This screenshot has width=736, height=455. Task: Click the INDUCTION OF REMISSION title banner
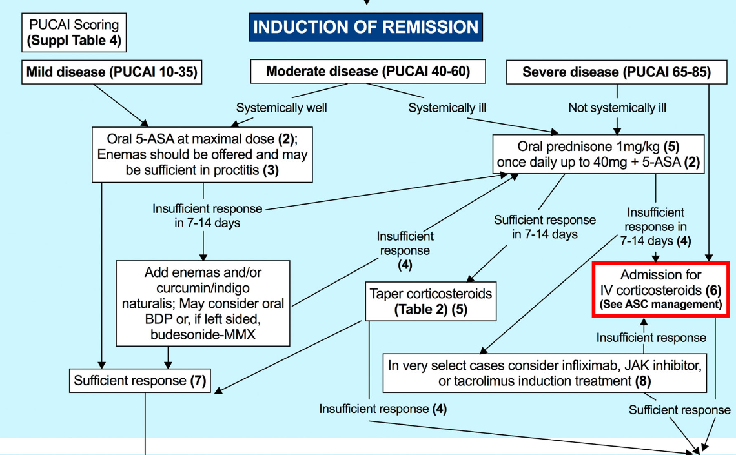click(365, 26)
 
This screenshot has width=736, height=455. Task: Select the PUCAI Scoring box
click(74, 32)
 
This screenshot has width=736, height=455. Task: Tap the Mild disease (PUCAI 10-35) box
click(112, 72)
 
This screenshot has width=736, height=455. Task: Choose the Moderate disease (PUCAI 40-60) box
click(368, 71)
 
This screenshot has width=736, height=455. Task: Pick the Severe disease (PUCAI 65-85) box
click(617, 72)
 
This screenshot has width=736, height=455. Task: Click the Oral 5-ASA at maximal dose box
click(202, 154)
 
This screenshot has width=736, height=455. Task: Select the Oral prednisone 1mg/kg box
click(598, 154)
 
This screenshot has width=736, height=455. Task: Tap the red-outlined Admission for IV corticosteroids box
click(661, 289)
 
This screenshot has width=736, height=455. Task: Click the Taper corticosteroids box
click(431, 301)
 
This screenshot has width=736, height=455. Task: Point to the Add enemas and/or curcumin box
click(203, 303)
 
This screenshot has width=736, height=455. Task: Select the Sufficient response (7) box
click(140, 380)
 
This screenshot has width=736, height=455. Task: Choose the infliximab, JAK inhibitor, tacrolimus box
click(544, 373)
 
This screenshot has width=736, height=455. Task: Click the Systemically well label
click(281, 108)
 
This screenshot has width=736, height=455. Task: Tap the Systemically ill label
click(447, 108)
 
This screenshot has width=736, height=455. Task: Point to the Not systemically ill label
click(617, 108)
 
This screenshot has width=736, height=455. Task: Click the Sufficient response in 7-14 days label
click(544, 227)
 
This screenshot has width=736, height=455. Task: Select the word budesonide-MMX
click(203, 334)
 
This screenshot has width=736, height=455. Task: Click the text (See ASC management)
click(661, 305)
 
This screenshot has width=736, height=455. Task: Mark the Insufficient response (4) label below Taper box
click(383, 409)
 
